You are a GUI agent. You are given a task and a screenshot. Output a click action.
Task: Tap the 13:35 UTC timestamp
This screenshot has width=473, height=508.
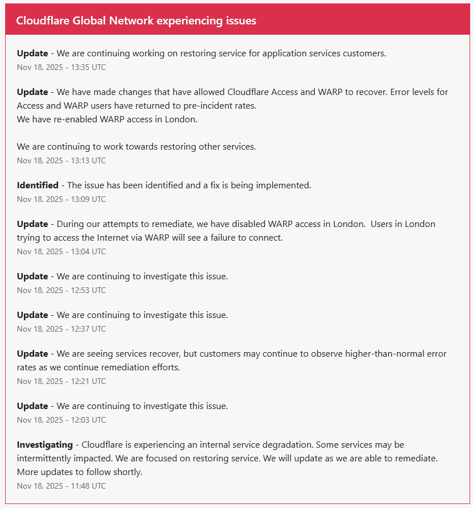[61, 67]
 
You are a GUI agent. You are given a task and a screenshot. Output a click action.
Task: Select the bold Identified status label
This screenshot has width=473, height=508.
[38, 185]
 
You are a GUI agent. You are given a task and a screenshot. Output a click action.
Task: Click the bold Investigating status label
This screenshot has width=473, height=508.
[45, 444]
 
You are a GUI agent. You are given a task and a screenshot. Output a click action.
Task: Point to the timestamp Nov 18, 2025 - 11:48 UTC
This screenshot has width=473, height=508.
[61, 486]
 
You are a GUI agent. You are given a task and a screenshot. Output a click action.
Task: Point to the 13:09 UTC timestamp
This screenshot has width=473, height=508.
[61, 199]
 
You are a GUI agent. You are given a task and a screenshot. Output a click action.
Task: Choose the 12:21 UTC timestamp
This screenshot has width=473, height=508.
[61, 381]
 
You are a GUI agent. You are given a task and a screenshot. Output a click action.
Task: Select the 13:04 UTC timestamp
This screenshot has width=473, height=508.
[61, 251]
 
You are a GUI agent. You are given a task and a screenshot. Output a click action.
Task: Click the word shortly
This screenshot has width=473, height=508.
[127, 472]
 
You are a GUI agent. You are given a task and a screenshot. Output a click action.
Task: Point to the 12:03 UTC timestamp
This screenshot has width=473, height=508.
[61, 420]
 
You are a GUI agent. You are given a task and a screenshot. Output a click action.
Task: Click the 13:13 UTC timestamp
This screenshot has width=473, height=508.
[61, 160]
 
